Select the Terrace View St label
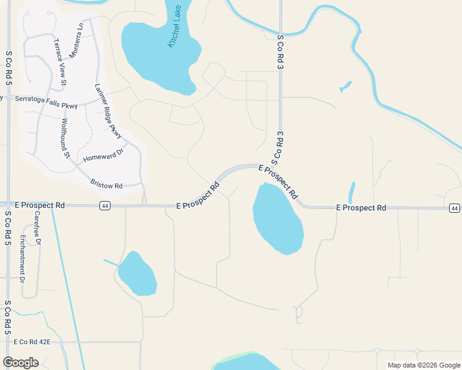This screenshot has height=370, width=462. tap(59, 62)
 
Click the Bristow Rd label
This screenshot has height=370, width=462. tap(106, 184)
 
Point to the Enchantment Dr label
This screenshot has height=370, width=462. tap(22, 258)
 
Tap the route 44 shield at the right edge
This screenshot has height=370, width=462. tap(455, 208)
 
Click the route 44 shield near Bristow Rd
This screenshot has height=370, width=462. tap(104, 206)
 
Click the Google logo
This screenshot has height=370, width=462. tap(20, 363)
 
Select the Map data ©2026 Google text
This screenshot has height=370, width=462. tap(423, 365)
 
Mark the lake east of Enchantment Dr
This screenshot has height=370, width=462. tap(136, 273)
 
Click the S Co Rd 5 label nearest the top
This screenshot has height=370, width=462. tap(9, 63)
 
